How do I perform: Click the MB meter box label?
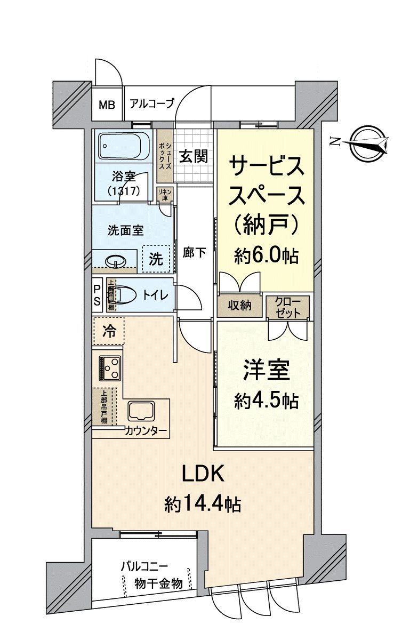pyautogui.click(x=106, y=104)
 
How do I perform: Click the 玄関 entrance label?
pyautogui.click(x=192, y=156)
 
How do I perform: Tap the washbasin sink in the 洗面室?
pyautogui.click(x=116, y=261)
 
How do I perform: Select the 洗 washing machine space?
pyautogui.click(x=156, y=259)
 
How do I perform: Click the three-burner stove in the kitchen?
pyautogui.click(x=110, y=367)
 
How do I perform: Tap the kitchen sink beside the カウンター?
pyautogui.click(x=141, y=412)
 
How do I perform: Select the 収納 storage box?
pyautogui.click(x=240, y=306)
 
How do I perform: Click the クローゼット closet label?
pyautogui.click(x=288, y=307)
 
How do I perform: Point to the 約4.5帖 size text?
pyautogui.click(x=266, y=401)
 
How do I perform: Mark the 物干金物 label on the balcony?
pyautogui.click(x=158, y=583)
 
